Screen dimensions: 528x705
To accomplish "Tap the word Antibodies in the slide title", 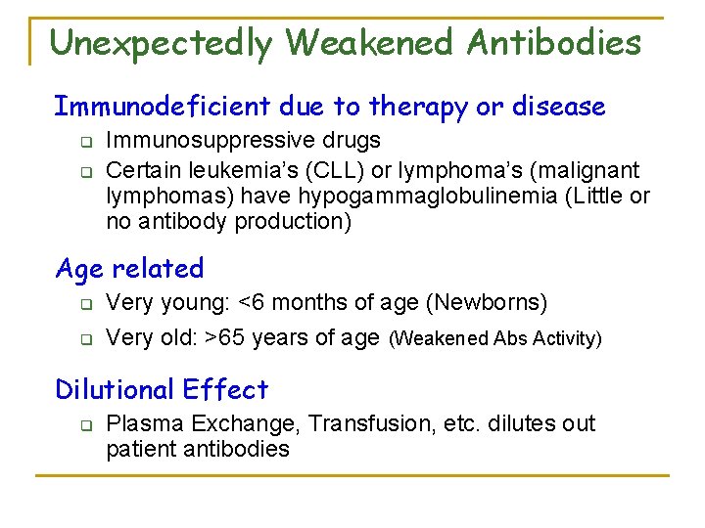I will point(554,43).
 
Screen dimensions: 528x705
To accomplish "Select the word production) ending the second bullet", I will point(293,222).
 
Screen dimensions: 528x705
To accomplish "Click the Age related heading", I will point(129,268).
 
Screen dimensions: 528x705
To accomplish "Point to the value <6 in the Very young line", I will point(252,303).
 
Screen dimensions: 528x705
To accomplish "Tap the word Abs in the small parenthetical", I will point(510,339).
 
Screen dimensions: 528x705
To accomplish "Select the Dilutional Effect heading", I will point(162,389).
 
